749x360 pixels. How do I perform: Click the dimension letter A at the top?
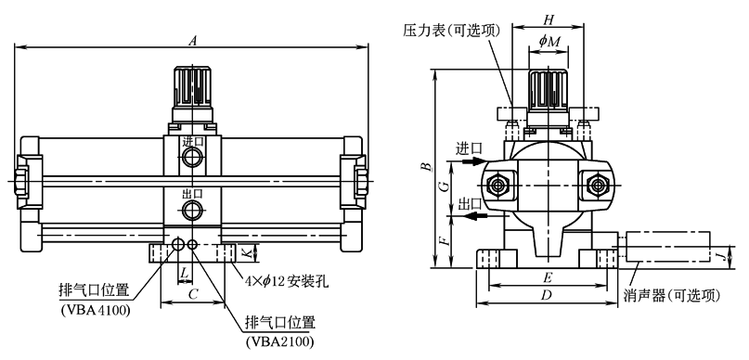[192, 41]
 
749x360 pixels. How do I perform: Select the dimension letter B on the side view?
[429, 166]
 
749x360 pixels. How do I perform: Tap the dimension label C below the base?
[193, 295]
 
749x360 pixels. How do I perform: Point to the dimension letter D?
[546, 296]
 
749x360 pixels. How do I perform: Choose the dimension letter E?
[549, 277]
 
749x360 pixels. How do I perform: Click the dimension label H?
[549, 19]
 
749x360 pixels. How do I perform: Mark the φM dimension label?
[549, 41]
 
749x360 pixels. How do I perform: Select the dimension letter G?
[445, 186]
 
